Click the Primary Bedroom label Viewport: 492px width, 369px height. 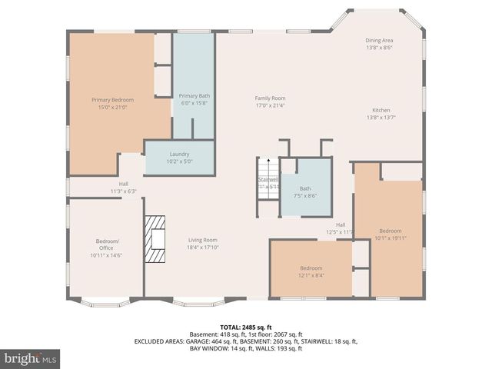pos(112,100)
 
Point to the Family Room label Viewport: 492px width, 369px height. pos(270,98)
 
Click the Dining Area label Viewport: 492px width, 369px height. pos(379,40)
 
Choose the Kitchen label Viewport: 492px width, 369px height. pos(381,110)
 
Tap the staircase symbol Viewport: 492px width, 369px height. pos(268,178)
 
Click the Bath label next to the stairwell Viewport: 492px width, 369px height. pos(305,188)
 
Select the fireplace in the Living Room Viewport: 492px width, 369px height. pos(157,239)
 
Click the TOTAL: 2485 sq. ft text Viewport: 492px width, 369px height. pos(246,327)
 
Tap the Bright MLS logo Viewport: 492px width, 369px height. pos(31,358)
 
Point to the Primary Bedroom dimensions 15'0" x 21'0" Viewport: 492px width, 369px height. pos(112,107)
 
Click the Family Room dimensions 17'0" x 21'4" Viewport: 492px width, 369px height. pos(270,105)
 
